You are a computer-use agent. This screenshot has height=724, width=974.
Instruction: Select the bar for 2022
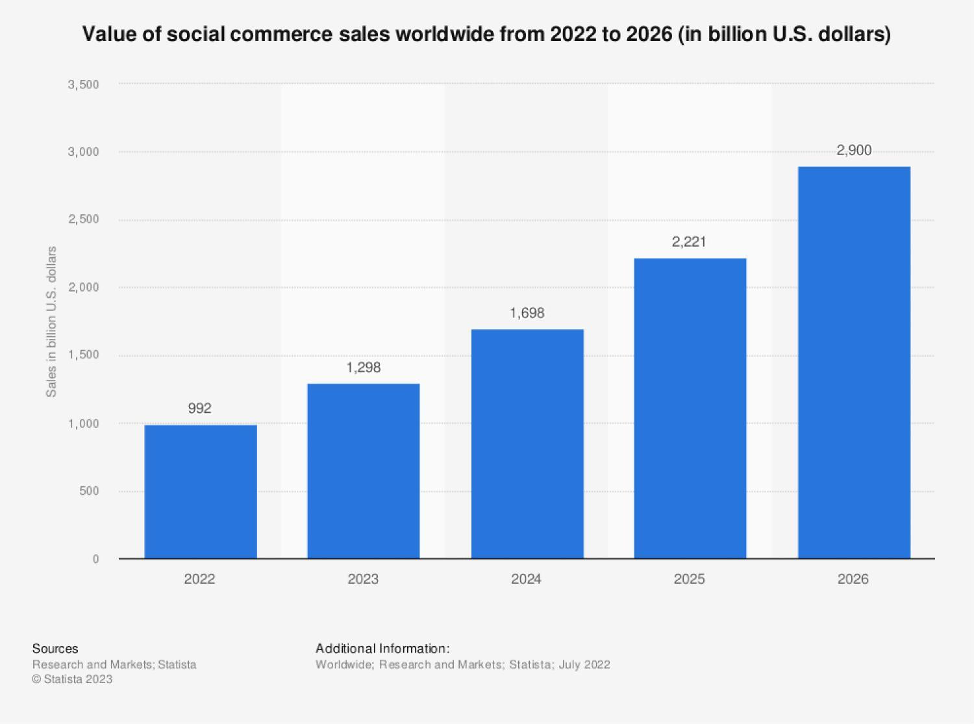click(x=201, y=492)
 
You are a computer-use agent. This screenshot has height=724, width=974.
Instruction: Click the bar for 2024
click(x=527, y=443)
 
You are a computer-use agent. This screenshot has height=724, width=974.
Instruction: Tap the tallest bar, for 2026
click(x=854, y=362)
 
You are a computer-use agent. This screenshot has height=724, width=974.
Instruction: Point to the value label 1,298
click(x=364, y=368)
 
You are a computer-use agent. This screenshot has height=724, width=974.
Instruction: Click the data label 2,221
click(x=689, y=242)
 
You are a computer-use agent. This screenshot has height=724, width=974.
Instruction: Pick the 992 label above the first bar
click(x=200, y=408)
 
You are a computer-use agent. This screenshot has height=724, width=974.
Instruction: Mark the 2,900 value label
click(x=854, y=150)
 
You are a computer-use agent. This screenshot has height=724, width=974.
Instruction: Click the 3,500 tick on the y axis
click(x=83, y=84)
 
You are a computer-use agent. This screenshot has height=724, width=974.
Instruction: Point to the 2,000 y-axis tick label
click(x=83, y=287)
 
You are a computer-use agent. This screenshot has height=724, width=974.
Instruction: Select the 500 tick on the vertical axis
click(x=89, y=491)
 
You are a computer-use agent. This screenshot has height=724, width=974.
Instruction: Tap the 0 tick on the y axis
click(x=95, y=559)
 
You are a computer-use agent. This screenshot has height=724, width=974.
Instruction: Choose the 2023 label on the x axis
click(x=363, y=579)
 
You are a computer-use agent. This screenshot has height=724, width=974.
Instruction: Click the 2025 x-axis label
click(x=690, y=579)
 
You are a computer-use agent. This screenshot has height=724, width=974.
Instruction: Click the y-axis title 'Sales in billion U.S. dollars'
click(x=51, y=321)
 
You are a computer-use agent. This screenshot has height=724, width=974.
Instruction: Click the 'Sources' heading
click(x=55, y=649)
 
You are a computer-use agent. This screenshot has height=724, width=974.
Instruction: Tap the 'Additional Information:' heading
click(x=382, y=649)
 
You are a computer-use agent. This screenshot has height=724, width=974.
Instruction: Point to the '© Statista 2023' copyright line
click(x=73, y=679)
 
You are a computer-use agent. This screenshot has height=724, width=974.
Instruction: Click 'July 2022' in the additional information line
click(x=584, y=665)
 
